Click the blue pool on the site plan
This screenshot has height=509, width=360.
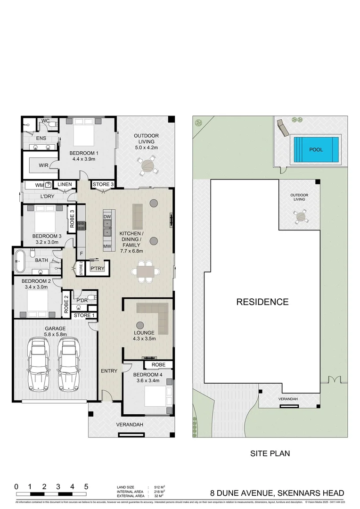316,149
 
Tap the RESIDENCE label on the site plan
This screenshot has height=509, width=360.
262,302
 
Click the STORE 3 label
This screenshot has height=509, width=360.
103,184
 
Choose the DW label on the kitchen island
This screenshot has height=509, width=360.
106,216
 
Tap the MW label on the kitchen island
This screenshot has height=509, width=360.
106,246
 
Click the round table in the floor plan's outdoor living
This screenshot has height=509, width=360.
147,166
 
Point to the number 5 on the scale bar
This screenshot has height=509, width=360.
86,486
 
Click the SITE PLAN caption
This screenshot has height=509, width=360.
269,454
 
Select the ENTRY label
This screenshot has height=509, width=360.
109,371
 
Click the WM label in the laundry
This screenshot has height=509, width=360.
39,185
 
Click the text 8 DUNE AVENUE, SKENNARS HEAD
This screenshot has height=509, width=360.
277,493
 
